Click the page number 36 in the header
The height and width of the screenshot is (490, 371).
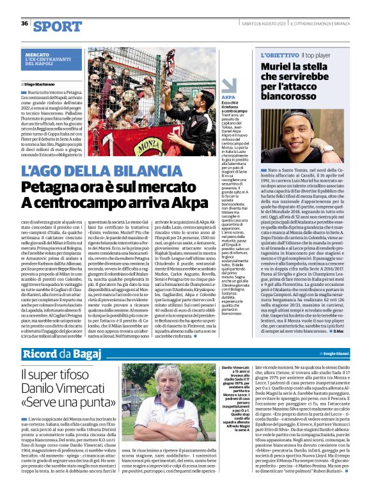point(24,23)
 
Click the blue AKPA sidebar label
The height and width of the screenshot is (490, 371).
point(228,97)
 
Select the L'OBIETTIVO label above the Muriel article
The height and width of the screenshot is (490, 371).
point(278,56)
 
